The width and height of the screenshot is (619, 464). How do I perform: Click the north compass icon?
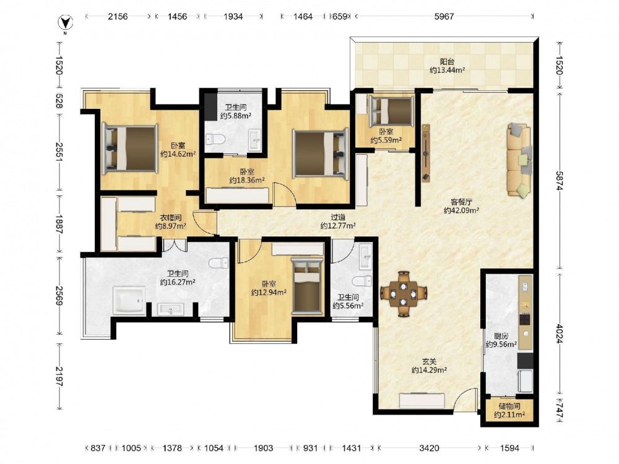coord(66,23)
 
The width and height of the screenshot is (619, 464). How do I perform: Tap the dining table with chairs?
coord(403,293)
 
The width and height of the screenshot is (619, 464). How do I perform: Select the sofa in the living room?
coord(519,160)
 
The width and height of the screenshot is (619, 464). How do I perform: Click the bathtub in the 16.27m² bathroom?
coord(129,301)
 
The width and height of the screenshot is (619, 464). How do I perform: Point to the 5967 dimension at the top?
coord(444,17)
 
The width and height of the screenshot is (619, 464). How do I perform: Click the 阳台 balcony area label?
coord(448,61)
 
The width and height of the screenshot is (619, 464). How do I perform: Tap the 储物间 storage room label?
coord(509,406)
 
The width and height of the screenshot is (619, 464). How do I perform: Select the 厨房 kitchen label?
coord(501,336)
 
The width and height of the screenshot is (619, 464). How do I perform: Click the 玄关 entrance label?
coord(429,361)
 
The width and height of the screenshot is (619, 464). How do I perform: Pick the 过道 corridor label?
coord(338,217)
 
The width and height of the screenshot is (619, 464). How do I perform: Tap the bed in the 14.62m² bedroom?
coord(129,148)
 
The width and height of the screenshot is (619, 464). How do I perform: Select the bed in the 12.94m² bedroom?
coord(307,286)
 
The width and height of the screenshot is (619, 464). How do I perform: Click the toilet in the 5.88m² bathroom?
coord(215,139)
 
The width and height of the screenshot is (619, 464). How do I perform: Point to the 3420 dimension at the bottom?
coord(429,448)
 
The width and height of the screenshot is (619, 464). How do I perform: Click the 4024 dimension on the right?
coord(560,333)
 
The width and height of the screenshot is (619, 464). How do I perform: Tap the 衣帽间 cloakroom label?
coord(171,217)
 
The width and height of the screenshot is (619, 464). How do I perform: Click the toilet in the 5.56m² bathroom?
coord(362,281)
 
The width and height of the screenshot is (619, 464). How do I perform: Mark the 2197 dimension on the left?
coord(59,377)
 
